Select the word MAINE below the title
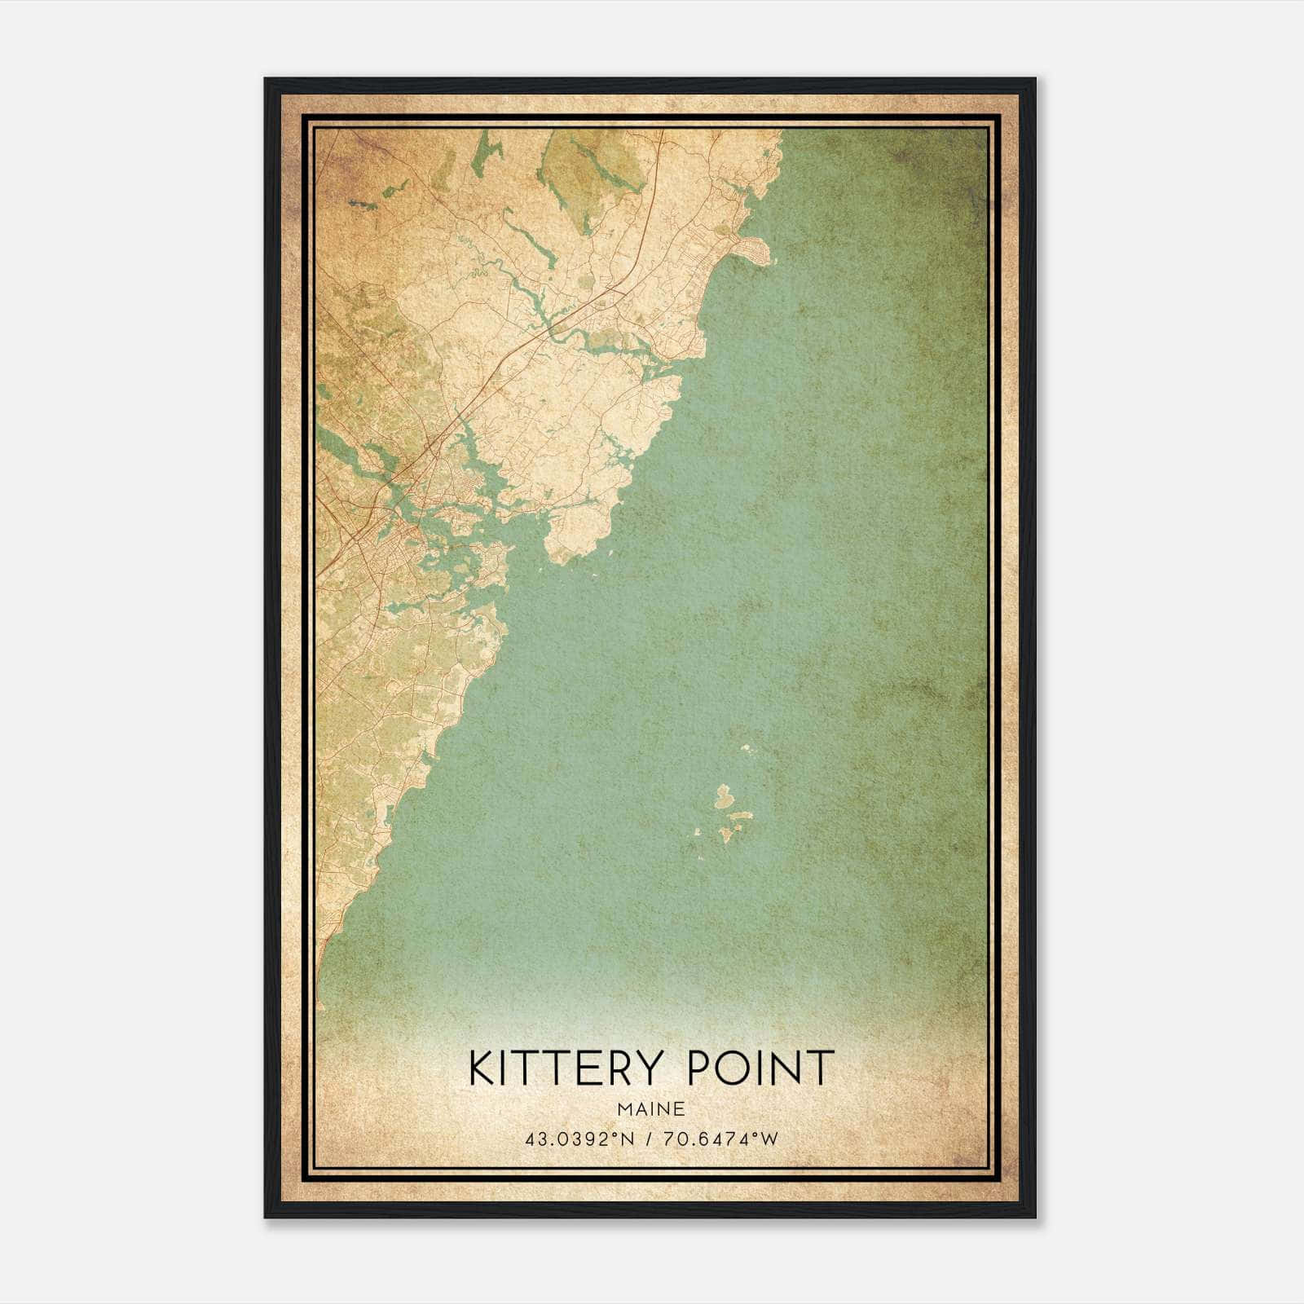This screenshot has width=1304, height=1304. pos(651,1109)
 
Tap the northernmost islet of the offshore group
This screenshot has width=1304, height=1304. pos(747,747)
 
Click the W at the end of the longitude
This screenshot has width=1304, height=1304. pos(771,1139)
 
